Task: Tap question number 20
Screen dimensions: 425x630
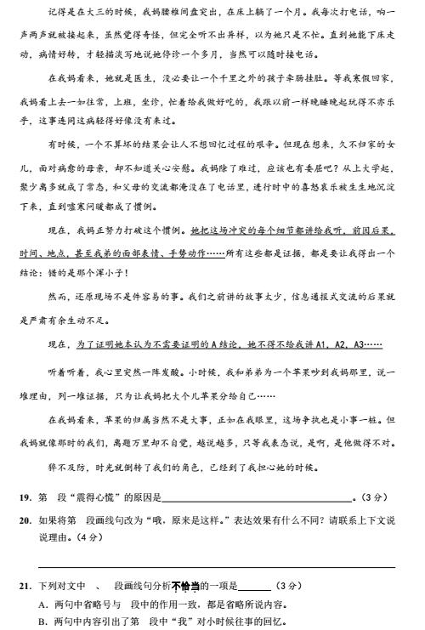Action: coord(23,519)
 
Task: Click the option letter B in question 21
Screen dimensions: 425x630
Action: coord(42,621)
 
